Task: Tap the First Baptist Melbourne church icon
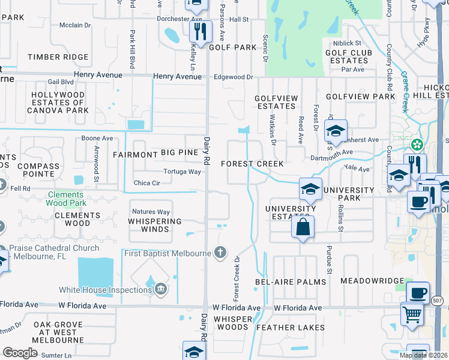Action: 220,253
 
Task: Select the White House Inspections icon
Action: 160,290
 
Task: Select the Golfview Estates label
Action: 276,102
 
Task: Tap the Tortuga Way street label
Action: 181,172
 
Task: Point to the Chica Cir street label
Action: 146,183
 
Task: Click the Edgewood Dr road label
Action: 234,77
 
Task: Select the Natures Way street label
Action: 151,212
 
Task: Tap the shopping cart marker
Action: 412,314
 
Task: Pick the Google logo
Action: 20,353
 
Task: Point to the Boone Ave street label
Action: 97,139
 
